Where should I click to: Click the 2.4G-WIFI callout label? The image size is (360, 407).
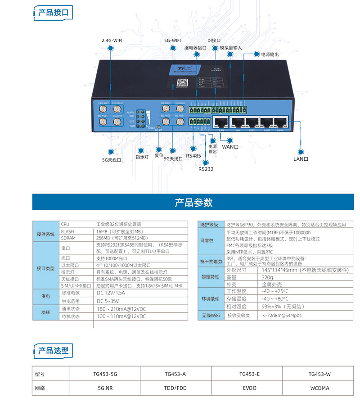click(112, 40)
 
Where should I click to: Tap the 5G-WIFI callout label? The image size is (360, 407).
click(173, 40)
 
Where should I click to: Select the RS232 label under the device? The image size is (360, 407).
click(206, 169)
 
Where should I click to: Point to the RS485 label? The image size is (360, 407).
click(193, 156)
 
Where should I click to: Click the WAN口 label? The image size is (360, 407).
click(230, 147)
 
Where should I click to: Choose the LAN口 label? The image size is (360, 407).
click(301, 158)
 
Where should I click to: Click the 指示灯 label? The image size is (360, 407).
click(142, 157)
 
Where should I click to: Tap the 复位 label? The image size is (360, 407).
click(159, 155)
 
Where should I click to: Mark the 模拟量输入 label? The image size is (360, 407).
click(231, 47)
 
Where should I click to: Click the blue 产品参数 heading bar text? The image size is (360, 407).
click(193, 203)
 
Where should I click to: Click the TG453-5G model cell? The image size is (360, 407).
click(105, 374)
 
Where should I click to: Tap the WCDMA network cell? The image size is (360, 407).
click(319, 388)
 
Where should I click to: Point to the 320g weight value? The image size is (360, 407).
click(267, 277)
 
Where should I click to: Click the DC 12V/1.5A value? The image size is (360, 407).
click(112, 293)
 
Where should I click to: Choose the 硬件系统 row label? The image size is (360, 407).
click(46, 235)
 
